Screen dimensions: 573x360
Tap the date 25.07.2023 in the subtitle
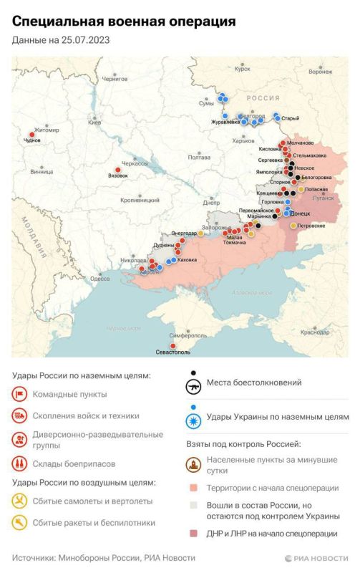[x=85, y=41]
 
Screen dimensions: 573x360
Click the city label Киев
[x=94, y=122]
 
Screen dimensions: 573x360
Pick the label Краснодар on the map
[x=315, y=332]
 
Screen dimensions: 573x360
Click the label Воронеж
[x=320, y=72]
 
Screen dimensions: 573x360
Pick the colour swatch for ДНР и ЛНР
[x=193, y=534]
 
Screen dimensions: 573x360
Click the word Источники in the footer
[x=36, y=558]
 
